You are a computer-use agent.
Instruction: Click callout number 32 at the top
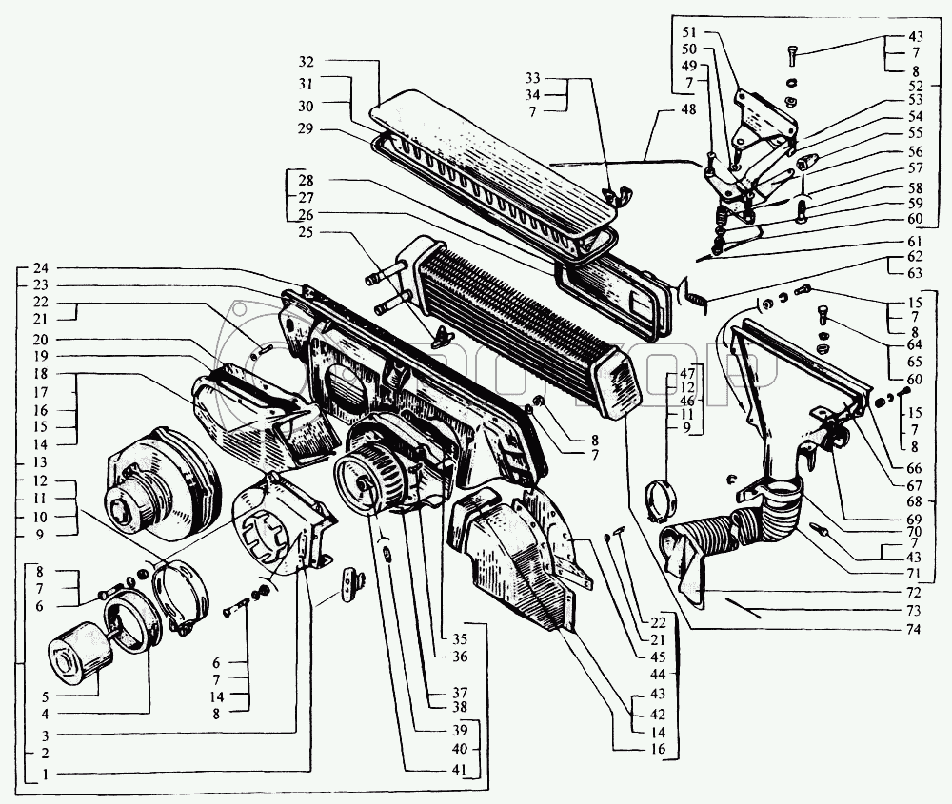pyautogui.click(x=306, y=61)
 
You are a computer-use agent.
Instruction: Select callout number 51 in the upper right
pyautogui.click(x=689, y=31)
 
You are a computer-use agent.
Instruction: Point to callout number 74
pyautogui.click(x=913, y=629)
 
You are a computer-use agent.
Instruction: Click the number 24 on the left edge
pyautogui.click(x=40, y=268)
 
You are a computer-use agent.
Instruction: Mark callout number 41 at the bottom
pyautogui.click(x=460, y=770)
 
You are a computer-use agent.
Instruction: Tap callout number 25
pyautogui.click(x=306, y=232)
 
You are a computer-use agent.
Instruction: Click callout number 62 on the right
pyautogui.click(x=914, y=257)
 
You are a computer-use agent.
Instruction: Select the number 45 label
pyautogui.click(x=658, y=657)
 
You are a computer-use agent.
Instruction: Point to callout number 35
pyautogui.click(x=460, y=637)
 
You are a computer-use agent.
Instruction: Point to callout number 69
pyautogui.click(x=913, y=520)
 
